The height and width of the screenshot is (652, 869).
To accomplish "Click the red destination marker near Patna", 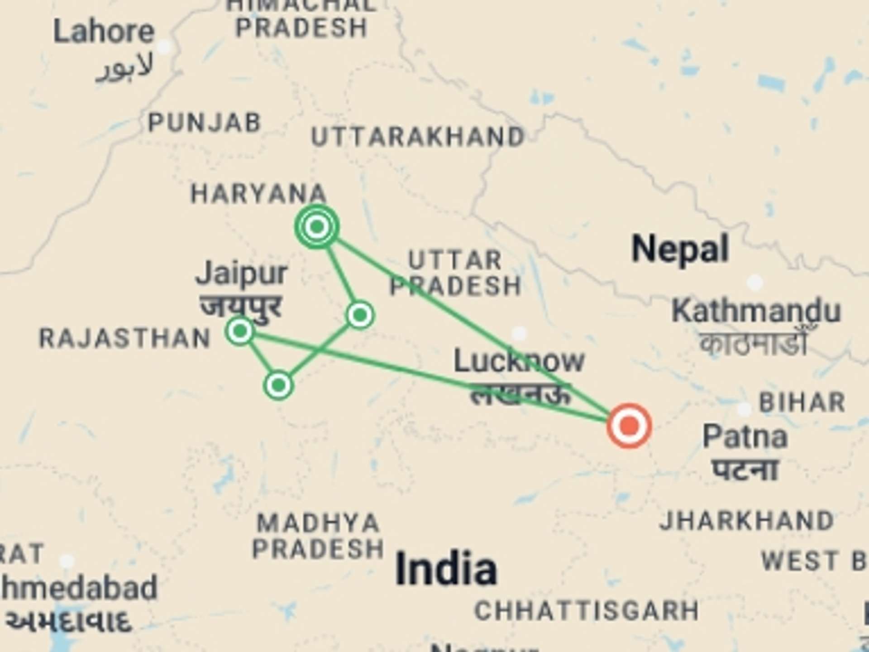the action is point(629,426).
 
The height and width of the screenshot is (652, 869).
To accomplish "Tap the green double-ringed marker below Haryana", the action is point(317,226).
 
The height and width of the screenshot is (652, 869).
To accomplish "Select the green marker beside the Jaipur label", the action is point(240,331).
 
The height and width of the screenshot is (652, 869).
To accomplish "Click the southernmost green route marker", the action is point(278,385).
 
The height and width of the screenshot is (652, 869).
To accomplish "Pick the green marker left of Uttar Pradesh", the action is point(360,315).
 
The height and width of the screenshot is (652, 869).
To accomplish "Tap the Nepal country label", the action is point(680,249).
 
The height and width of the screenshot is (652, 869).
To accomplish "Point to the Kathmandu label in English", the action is point(756,311).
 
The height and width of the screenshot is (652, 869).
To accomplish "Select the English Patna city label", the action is point(745,437).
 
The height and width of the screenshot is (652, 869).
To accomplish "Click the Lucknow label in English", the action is point(519,361).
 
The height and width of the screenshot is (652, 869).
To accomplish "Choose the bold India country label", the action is point(446,569).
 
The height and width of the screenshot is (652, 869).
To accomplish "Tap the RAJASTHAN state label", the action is point(125,339).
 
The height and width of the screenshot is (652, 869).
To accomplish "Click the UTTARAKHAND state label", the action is point(418,137).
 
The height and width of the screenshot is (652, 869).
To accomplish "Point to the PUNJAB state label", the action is point(205,122).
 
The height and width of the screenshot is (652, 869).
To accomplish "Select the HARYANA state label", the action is point(258,194).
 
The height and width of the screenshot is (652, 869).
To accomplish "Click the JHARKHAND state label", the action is point(747,521).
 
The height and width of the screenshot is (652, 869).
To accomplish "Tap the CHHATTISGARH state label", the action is point(587,611).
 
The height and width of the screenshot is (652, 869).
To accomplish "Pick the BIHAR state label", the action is point(802,403).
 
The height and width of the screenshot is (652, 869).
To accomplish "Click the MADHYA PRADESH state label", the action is point(318,536).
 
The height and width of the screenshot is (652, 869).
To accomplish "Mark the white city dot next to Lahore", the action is point(164,47).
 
